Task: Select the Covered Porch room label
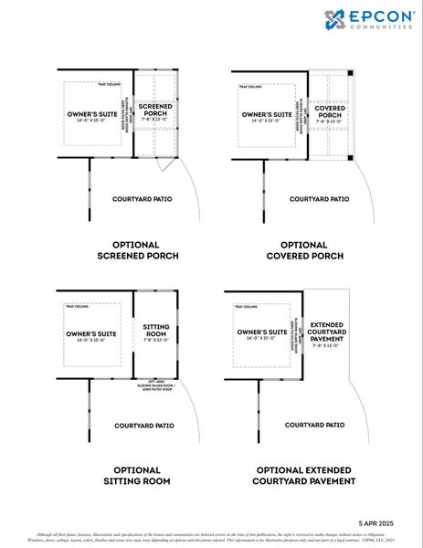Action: click(x=329, y=111)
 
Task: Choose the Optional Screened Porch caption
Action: click(x=135, y=250)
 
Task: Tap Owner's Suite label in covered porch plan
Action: click(x=267, y=116)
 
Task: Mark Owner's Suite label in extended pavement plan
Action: click(x=261, y=333)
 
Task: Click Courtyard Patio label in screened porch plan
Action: click(x=142, y=198)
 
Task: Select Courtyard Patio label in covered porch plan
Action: click(x=319, y=198)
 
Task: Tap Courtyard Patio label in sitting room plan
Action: click(x=143, y=425)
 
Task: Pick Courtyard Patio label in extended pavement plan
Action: click(x=314, y=425)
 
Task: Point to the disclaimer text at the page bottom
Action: click(x=211, y=537)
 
